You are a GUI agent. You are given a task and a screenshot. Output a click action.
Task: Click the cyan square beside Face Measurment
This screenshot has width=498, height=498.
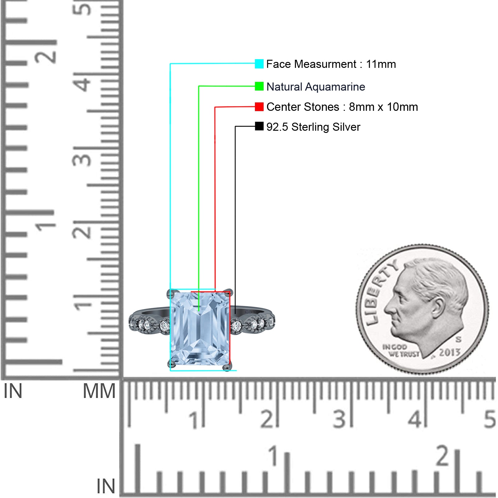coord(259,64)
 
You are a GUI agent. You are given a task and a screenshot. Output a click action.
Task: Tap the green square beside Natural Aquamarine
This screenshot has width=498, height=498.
coord(259,86)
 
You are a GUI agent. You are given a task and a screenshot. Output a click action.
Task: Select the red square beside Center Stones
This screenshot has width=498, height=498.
coord(259,107)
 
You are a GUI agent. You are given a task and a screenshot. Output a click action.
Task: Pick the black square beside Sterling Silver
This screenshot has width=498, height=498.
coord(259,126)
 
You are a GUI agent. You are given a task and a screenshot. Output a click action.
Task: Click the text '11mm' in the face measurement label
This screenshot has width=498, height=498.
coord(381,64)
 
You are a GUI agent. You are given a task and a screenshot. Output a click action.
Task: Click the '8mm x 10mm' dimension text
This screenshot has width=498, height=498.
coord(383,107)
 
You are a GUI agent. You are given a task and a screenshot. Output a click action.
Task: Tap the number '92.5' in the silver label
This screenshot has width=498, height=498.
coord(277,127)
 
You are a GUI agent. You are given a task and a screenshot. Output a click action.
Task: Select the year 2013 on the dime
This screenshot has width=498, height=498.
coord(450,352)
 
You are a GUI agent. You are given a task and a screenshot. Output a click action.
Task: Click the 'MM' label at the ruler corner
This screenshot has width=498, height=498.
coord(99,391)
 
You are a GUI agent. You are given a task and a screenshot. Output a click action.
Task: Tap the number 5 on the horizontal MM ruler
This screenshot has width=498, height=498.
coord(490,419)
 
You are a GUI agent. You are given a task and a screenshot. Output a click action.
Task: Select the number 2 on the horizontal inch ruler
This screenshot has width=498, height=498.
coord(443,455)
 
